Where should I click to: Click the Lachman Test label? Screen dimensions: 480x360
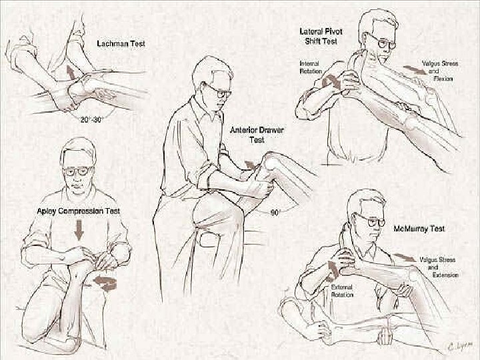point(121,43)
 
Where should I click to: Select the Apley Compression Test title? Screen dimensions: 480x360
point(79,211)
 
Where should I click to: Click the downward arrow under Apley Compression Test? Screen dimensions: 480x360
point(79,229)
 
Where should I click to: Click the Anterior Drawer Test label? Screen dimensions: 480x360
point(257,135)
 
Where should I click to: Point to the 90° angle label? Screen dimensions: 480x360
point(275,213)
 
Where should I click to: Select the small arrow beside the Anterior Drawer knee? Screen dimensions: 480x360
point(250,165)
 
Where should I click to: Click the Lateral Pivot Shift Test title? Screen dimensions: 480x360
point(321,36)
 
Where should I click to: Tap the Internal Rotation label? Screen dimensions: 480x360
point(310,67)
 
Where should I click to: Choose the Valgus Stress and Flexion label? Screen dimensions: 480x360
point(440,71)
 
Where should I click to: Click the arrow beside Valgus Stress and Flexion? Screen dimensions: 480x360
point(414,70)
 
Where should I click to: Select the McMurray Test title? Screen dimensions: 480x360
point(419,229)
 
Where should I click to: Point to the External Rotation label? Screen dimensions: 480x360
point(342,291)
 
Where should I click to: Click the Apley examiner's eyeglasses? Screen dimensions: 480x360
point(77,171)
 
